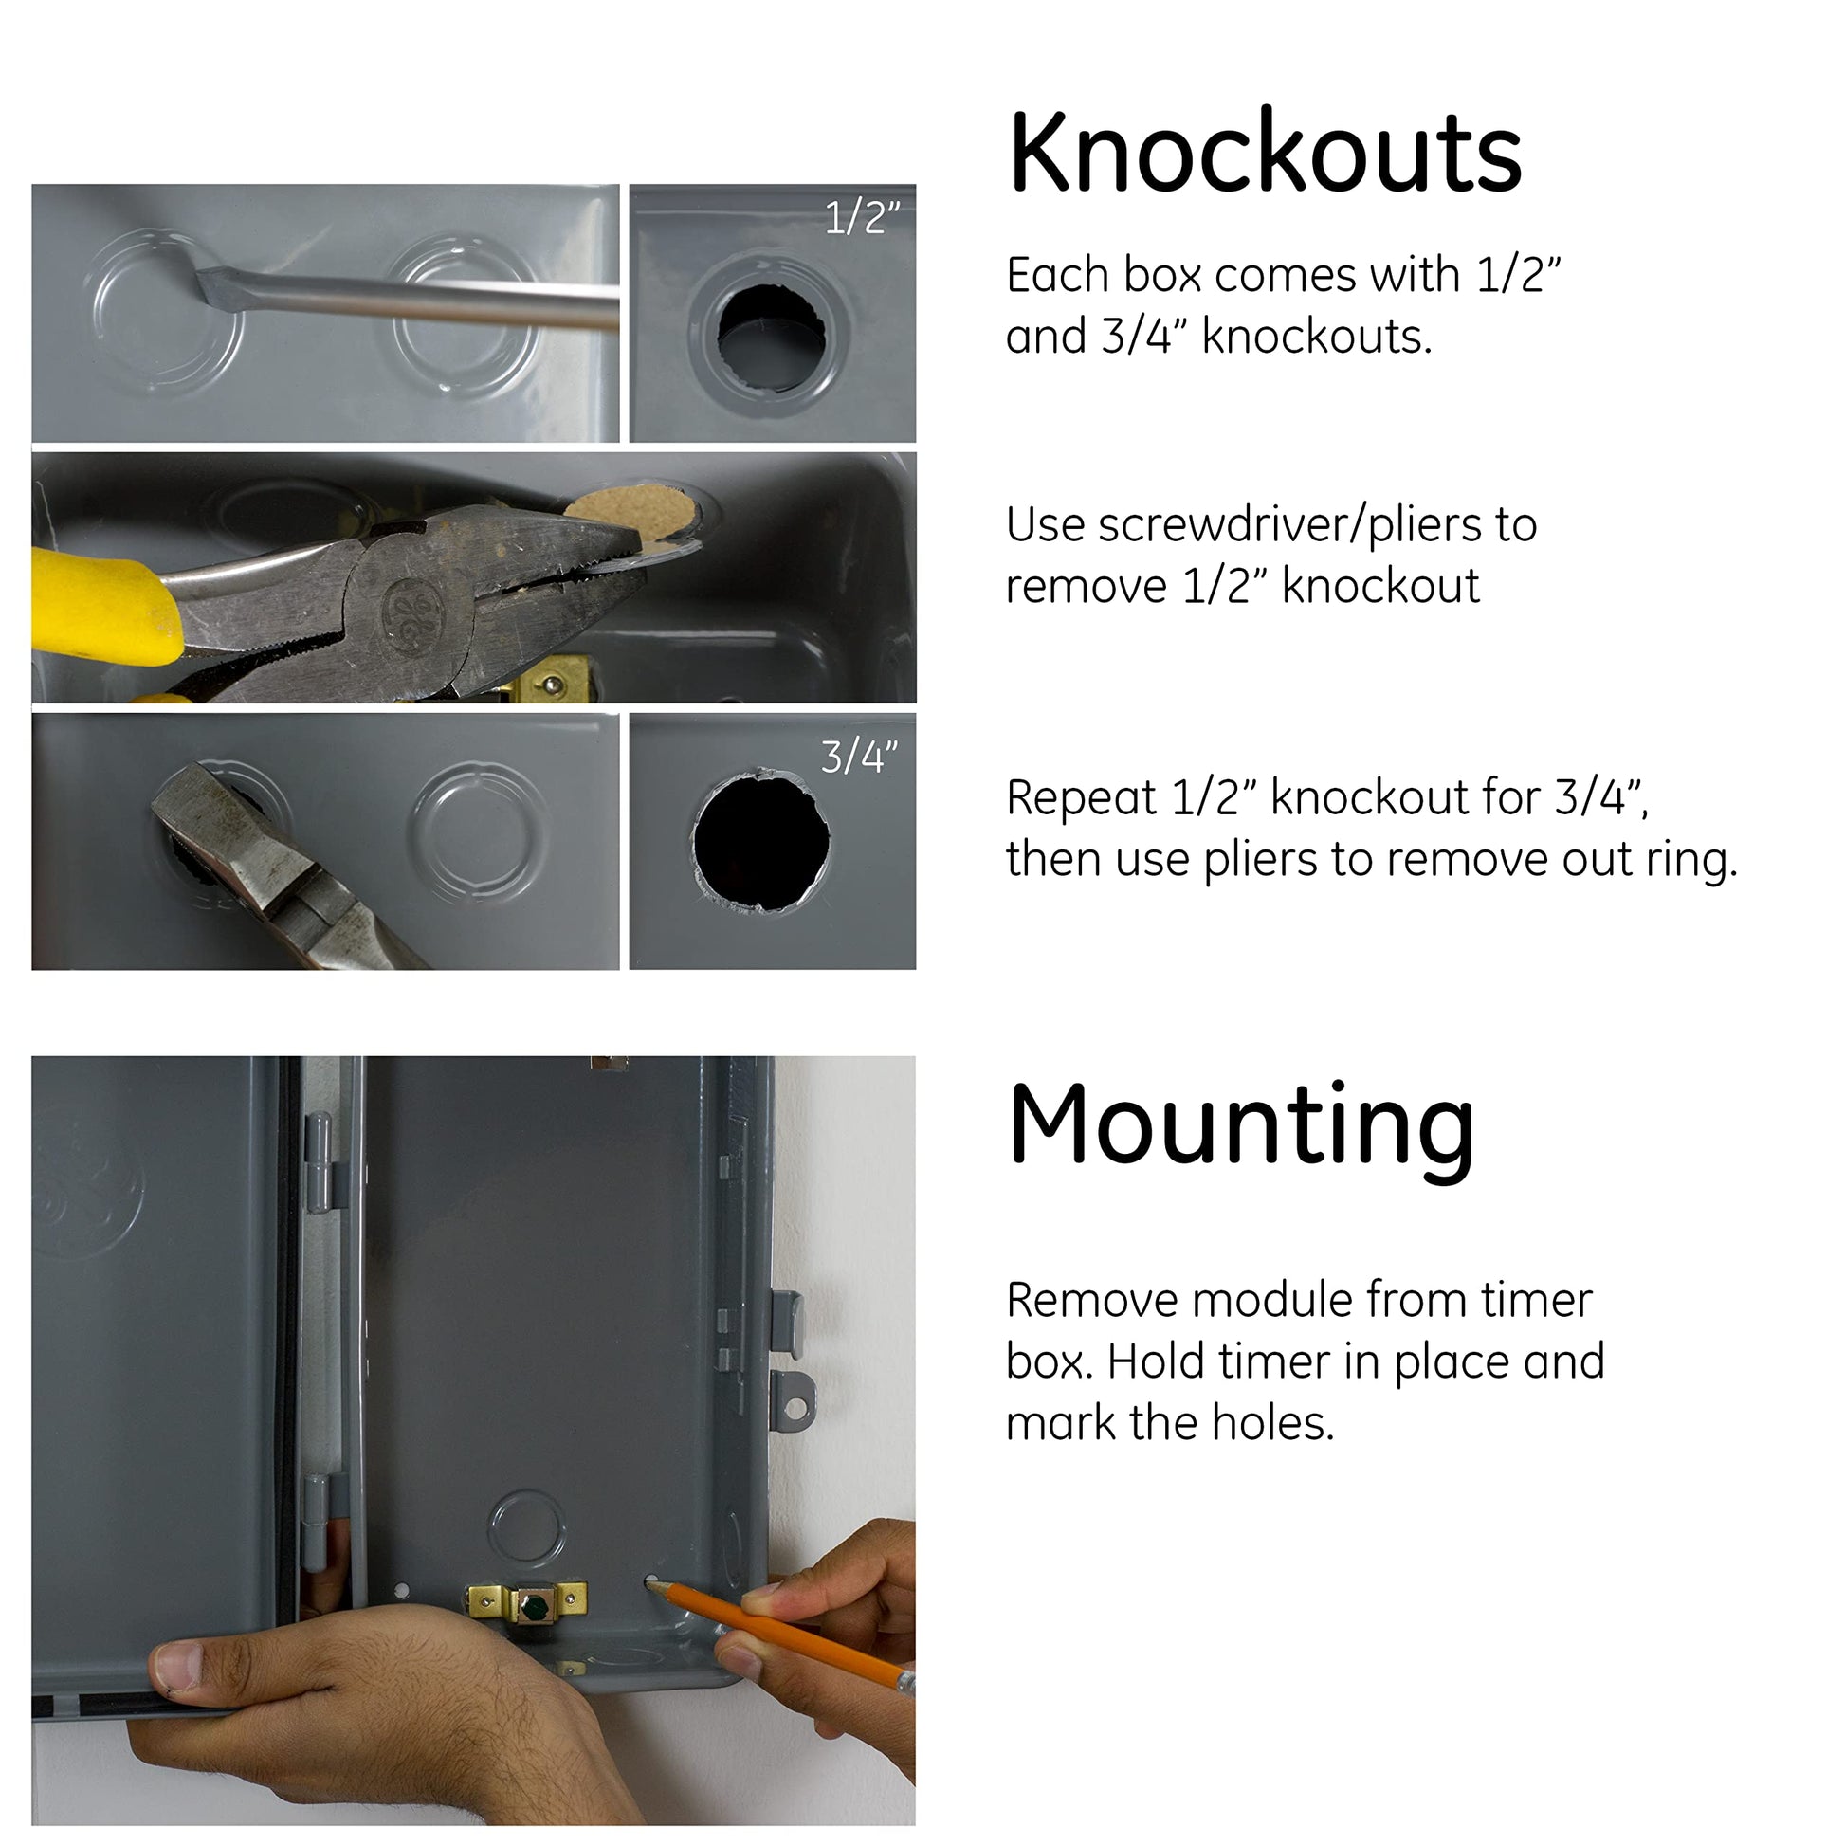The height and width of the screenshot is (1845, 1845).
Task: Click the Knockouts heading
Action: pyautogui.click(x=1265, y=153)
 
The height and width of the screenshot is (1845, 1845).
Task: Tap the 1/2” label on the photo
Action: pyautogui.click(x=863, y=219)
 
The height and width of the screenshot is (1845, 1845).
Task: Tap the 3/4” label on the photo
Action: pyautogui.click(x=860, y=758)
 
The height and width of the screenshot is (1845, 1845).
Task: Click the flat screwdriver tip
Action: pyautogui.click(x=218, y=283)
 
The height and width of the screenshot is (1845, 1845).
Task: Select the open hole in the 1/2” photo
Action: pyautogui.click(x=772, y=337)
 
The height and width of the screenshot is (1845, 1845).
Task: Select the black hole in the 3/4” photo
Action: pyautogui.click(x=761, y=840)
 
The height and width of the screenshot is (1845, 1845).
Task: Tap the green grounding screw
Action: pyautogui.click(x=534, y=1607)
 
